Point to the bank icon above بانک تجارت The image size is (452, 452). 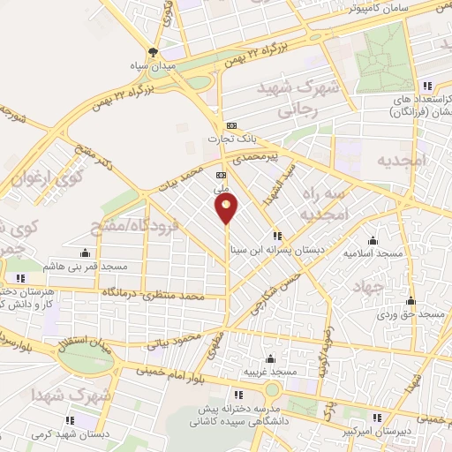(231, 125)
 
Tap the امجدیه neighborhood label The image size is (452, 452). (403, 161)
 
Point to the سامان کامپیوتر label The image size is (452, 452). (351, 8)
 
